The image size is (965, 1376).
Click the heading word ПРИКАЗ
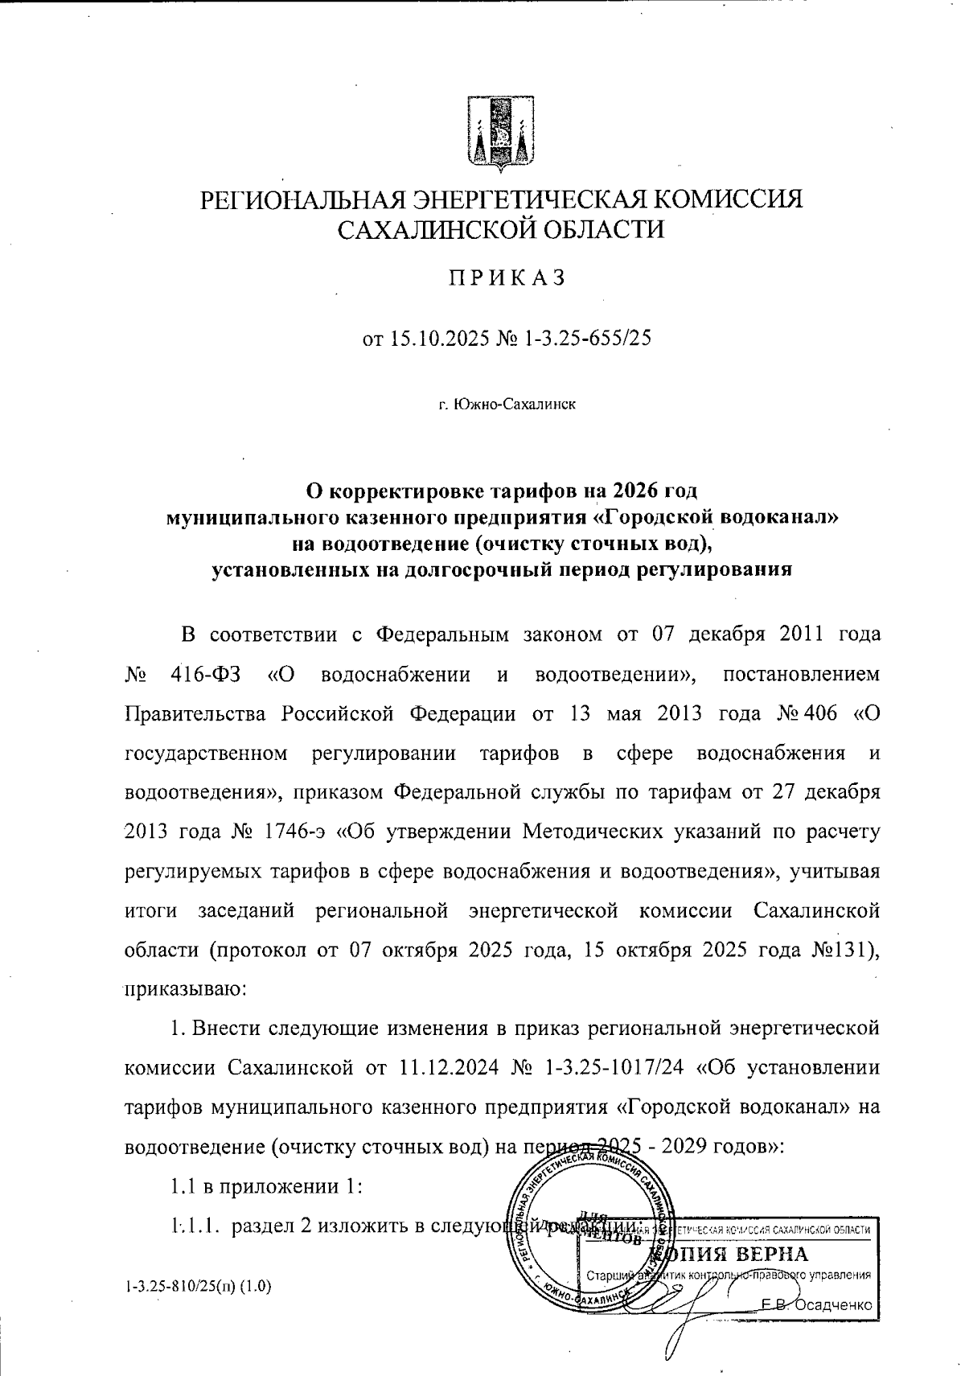pos(507,278)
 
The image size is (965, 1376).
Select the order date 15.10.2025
pos(438,340)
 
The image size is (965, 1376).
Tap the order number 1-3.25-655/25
pos(586,340)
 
